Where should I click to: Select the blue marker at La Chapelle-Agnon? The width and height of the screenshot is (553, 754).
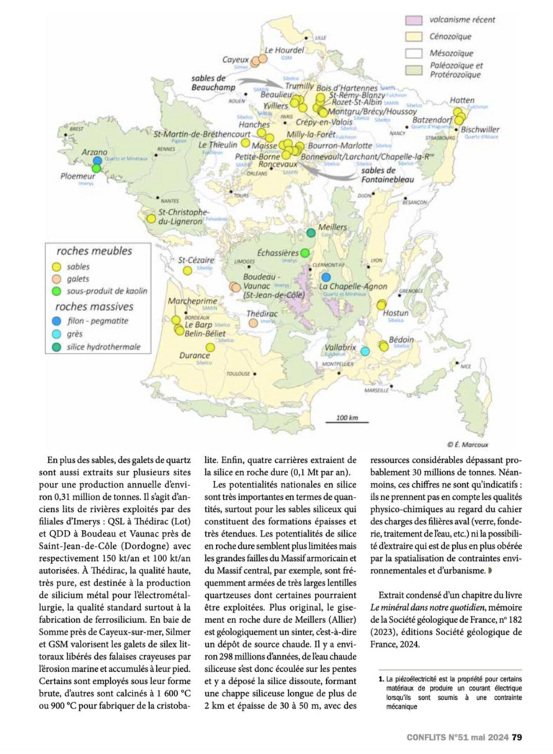(326, 277)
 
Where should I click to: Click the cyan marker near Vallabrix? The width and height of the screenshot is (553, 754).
(365, 351)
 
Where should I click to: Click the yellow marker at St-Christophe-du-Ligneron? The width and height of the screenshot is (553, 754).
(151, 217)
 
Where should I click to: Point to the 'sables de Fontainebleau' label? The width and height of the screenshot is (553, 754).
(384, 174)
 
